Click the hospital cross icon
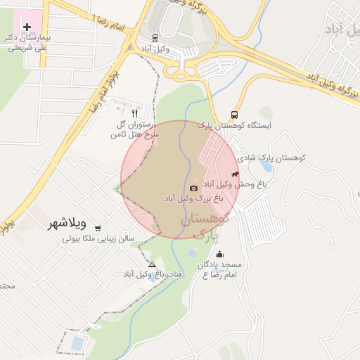pos(27,27)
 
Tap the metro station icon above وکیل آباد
pos(155,38)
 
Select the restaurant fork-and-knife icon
pos(134,112)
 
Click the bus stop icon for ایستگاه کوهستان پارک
pos(234,115)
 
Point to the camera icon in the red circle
pos(193,188)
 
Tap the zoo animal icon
pos(235,174)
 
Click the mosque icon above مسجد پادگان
pos(221,254)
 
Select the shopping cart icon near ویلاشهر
pos(97,227)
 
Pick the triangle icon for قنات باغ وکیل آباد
pos(152,264)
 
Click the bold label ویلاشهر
pos(67,224)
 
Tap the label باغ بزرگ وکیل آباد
pos(193,199)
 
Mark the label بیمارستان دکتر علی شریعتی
pos(27,43)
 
